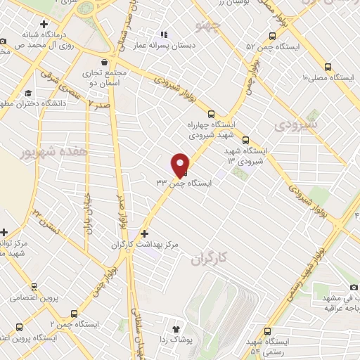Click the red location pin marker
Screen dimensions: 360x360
click(180, 164)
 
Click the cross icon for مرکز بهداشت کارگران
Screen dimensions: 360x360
click(144, 233)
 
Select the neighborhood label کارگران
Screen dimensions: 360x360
click(210, 259)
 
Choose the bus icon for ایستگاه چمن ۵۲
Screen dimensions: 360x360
click(272, 37)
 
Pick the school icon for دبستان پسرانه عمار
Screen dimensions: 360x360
click(164, 34)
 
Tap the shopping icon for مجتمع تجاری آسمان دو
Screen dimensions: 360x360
click(105, 62)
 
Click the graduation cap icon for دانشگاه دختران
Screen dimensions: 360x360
click(27, 94)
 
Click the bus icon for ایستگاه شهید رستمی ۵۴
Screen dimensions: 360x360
click(267, 331)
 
